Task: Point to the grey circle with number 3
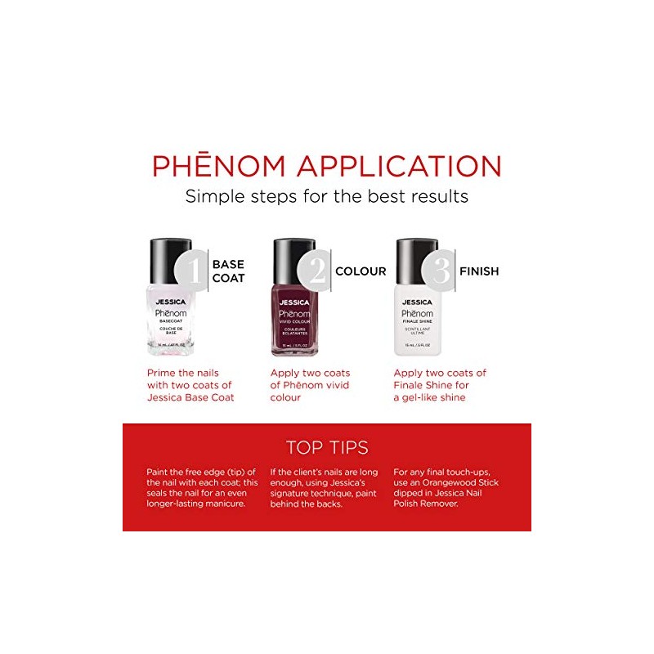tap(439, 272)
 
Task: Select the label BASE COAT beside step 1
tap(228, 271)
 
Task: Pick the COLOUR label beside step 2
tap(361, 271)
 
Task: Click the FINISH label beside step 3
tap(479, 271)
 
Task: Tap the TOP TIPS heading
tap(327, 447)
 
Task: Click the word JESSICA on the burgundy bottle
tap(293, 302)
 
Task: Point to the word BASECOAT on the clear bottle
tap(170, 321)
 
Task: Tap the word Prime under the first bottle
tap(162, 373)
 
